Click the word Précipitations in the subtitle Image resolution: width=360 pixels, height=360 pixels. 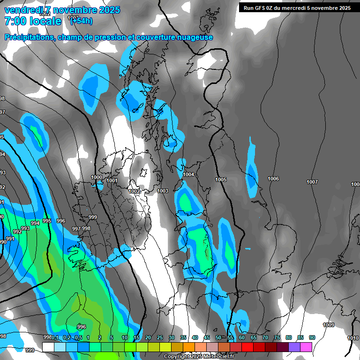coord(29,37)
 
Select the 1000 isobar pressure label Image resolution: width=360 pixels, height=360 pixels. coord(97,177)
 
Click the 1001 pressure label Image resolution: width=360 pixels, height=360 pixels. coord(112,180)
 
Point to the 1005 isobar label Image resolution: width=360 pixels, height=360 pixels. coord(221,180)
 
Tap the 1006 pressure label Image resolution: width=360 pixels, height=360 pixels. coord(273,179)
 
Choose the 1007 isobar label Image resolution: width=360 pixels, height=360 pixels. coord(312,182)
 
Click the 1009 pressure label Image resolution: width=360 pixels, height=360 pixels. coord(329,325)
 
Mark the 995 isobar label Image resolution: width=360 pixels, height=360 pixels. coord(47,221)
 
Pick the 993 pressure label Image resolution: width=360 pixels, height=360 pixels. coord(25,228)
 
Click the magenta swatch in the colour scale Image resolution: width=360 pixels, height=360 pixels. coord(306,347)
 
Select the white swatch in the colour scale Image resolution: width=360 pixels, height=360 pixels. coord(48,347)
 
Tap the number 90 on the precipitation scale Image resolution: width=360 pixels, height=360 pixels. coord(312,337)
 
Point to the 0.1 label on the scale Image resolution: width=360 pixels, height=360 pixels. coord(55,337)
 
